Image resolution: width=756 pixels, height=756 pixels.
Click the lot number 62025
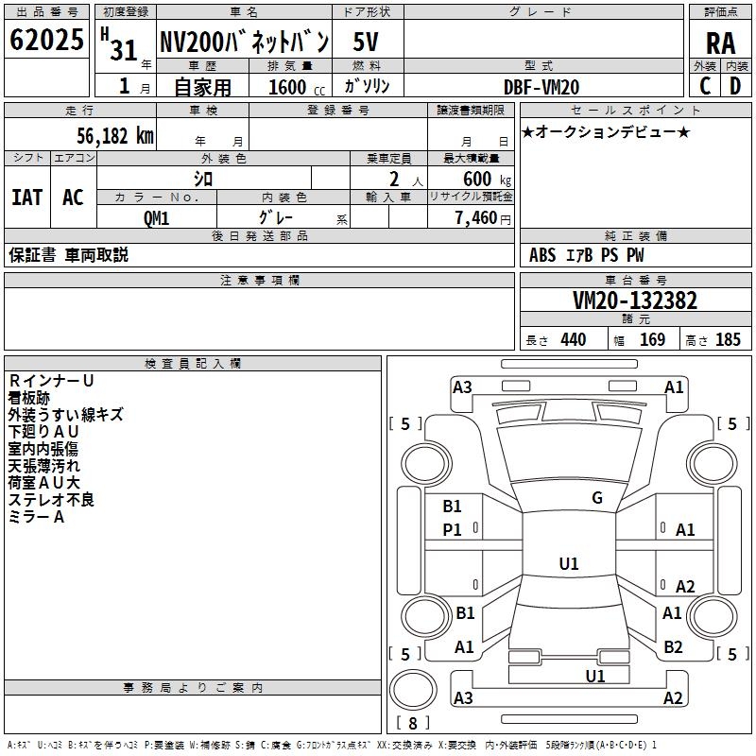[x=46, y=40]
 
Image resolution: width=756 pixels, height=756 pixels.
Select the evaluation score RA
[x=721, y=43]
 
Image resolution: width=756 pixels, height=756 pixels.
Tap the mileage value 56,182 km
[x=115, y=136]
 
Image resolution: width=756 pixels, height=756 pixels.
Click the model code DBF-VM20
[x=541, y=87]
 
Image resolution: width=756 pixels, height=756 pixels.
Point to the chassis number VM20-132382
[x=635, y=301]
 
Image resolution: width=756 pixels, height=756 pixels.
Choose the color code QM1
[x=156, y=218]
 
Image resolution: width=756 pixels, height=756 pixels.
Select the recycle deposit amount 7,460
[x=476, y=218]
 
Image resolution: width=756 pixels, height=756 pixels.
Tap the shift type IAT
[x=27, y=198]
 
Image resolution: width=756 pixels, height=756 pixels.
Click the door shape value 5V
[x=366, y=42]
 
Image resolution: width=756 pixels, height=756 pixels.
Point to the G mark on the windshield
[x=597, y=498]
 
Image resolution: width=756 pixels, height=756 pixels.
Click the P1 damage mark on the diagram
[x=452, y=530]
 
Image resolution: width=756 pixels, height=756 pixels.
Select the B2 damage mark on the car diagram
[x=673, y=647]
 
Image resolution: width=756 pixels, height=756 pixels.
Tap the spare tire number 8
[x=413, y=723]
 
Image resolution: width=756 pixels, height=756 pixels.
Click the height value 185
[x=728, y=339]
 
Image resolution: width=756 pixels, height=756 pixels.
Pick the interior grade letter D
[x=735, y=86]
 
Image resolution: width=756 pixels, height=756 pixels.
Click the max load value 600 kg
[x=487, y=180]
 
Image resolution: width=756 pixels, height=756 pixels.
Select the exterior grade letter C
[x=705, y=86]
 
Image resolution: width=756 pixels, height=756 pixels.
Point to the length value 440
[x=574, y=339]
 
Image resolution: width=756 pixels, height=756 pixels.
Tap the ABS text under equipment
[x=542, y=255]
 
